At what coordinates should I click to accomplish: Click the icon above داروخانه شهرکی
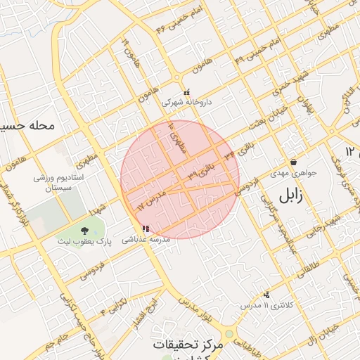[x=186, y=92]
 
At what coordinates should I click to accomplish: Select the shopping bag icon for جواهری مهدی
[x=293, y=162]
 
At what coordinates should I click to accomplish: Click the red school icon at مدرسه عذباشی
[x=146, y=229]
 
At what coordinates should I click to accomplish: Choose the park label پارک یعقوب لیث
[x=85, y=241]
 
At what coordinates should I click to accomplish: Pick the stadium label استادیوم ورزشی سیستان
[x=59, y=183]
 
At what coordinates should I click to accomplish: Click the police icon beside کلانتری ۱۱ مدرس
[x=266, y=295]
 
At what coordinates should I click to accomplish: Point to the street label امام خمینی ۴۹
[x=251, y=53]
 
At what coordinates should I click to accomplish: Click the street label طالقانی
[x=307, y=263]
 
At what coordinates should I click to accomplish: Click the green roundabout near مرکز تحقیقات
[x=228, y=335]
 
